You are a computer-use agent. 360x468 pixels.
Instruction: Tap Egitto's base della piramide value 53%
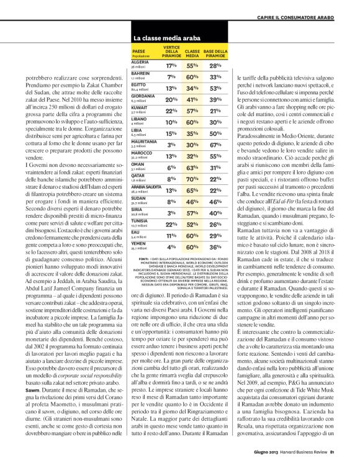pos(216,88)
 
